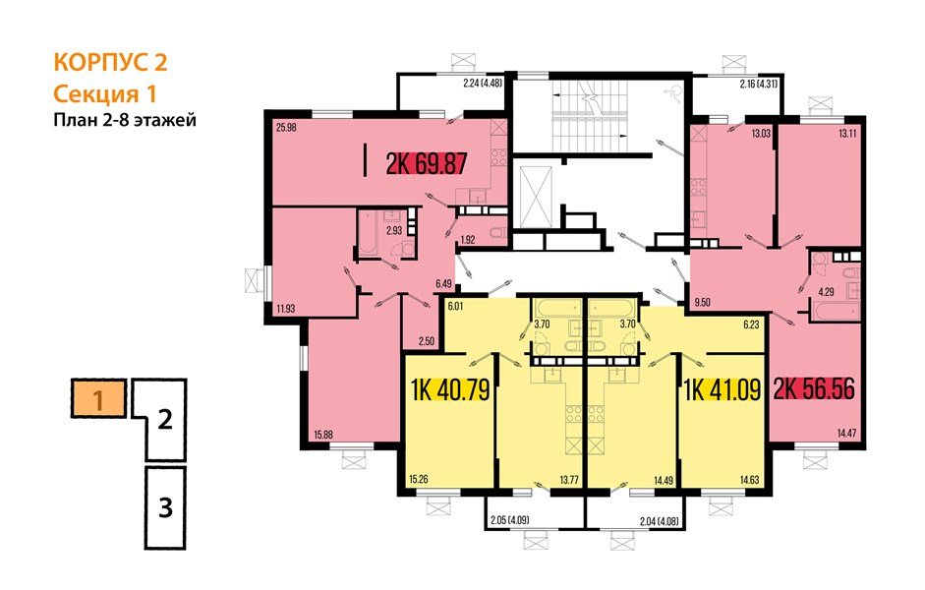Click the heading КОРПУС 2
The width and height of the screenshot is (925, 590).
pos(110,63)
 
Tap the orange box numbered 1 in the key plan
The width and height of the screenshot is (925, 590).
pos(98,401)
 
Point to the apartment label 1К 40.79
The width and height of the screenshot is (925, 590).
pos(448,392)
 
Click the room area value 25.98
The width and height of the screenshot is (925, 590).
pos(287,126)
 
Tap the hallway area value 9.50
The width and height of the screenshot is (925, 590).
pos(702,304)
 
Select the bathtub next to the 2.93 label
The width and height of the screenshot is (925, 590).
pos(368,237)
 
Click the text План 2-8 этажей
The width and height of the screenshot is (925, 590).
pos(125,121)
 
